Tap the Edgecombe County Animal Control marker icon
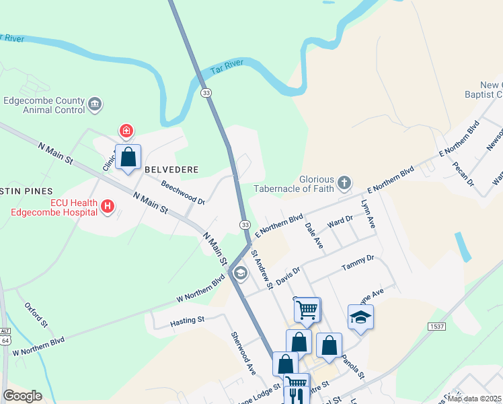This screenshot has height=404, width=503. click(x=95, y=104)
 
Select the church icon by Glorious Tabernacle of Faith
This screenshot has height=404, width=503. click(x=344, y=182)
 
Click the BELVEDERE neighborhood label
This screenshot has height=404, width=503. click(x=172, y=170)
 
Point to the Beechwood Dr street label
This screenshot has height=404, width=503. click(x=182, y=191)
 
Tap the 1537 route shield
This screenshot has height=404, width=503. click(x=436, y=326)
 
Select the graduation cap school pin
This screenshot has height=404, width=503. click(x=360, y=317)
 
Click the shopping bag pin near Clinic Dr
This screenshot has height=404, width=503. click(x=128, y=158)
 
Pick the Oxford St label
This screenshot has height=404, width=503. click(x=37, y=314)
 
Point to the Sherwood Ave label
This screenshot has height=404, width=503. click(x=243, y=353)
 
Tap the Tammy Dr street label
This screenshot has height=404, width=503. click(x=357, y=263)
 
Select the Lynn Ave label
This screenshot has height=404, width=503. click(x=367, y=215)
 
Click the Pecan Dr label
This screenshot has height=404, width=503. click(x=464, y=173)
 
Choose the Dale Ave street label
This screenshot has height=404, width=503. click(x=314, y=236)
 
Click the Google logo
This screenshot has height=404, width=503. click(x=22, y=396)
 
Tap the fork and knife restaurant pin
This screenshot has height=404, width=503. click(x=295, y=395)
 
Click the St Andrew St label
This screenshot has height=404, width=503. click(x=262, y=269)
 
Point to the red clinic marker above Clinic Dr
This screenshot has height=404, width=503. click(x=125, y=130)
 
